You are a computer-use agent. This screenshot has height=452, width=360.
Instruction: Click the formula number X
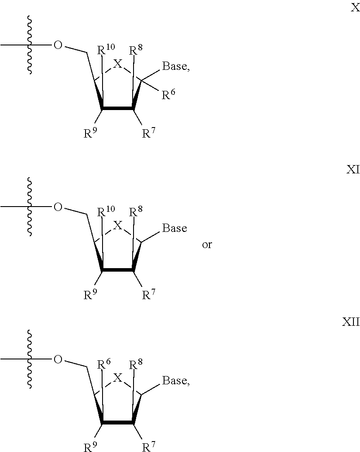pos(355,8)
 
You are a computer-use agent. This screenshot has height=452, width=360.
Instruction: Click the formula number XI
pos(353,170)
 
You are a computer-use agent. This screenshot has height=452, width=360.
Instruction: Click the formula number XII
pos(350,322)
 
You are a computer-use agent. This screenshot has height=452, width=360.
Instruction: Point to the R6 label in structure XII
pos(104,364)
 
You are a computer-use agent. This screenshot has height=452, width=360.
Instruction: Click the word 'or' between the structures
pos(206,245)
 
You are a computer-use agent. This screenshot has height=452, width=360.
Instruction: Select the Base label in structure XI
pos(175,228)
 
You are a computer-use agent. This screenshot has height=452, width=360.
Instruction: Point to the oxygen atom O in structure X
pos(58,45)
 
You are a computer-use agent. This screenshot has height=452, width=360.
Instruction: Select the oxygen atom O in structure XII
pos(58,359)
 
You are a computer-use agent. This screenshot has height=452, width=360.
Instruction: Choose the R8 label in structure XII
pos(136,364)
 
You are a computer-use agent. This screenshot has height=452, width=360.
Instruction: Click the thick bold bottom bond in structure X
pos(118,108)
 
